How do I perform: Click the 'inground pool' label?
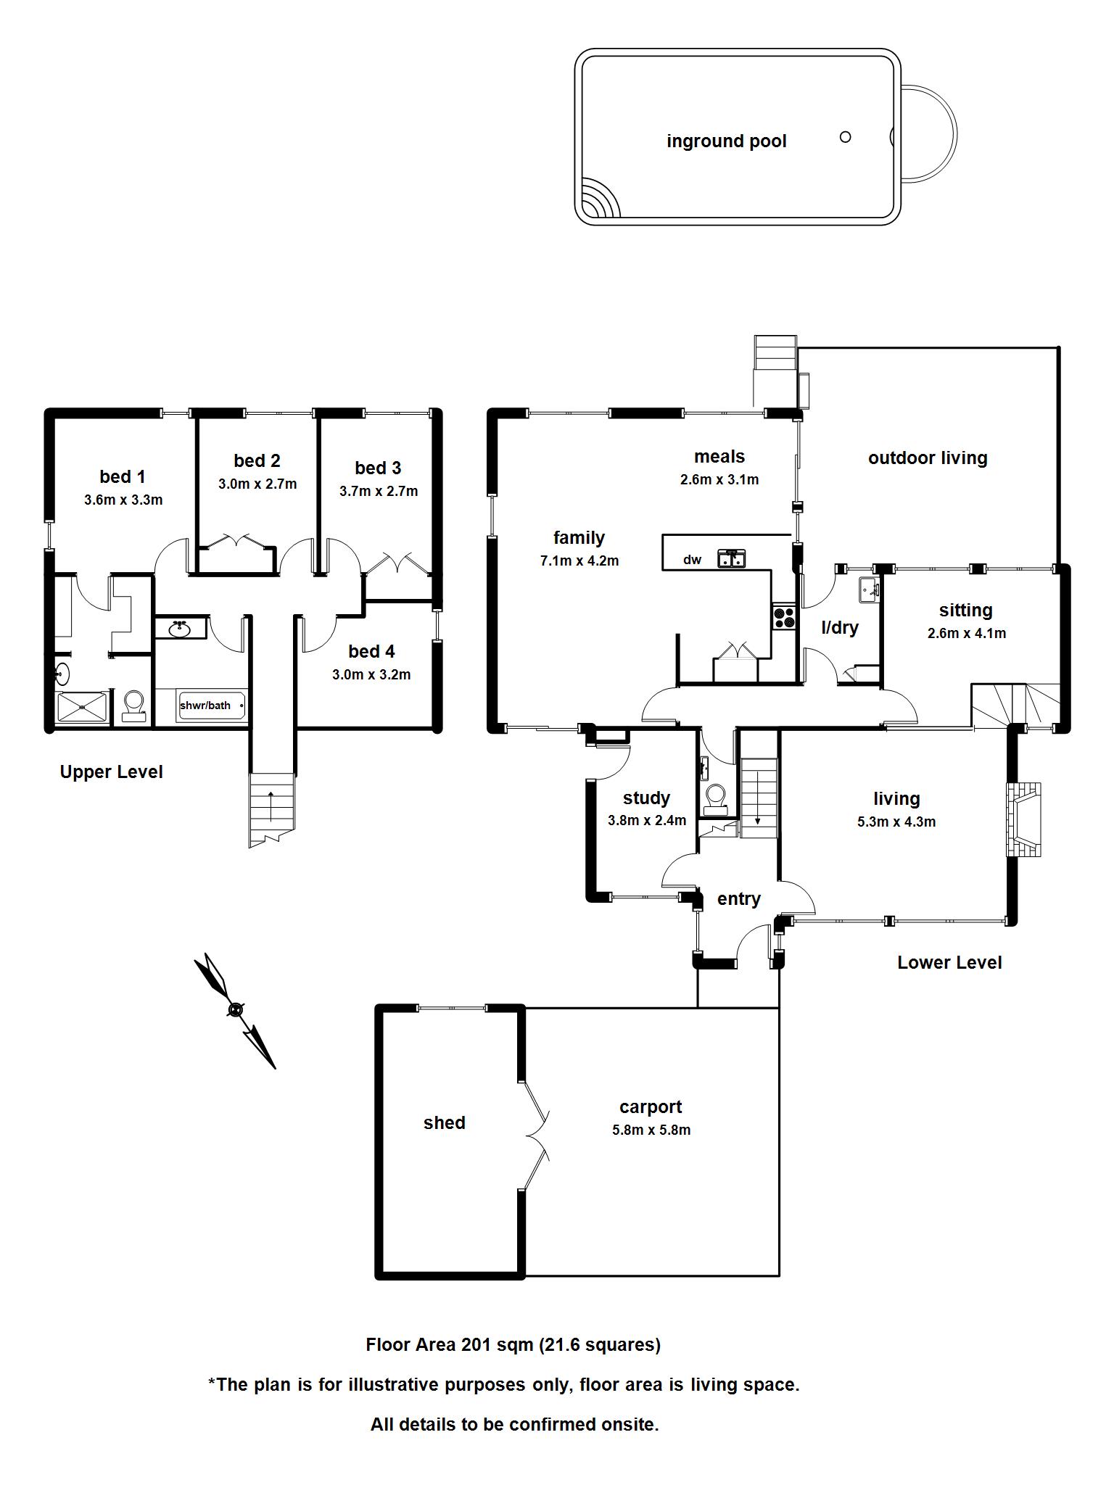coord(726,141)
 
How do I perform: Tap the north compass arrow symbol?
coord(235,1009)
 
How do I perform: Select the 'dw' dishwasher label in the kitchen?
coord(692,559)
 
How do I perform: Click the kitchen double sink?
coord(732,558)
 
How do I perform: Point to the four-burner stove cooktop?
coord(783,617)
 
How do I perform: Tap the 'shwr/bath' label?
coord(205,705)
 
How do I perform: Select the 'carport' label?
coord(651,1106)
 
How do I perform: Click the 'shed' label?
coord(444,1122)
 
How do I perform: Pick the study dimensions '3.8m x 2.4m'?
coord(646,821)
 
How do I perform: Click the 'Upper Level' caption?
coord(111,772)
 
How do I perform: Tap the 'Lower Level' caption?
coord(949,962)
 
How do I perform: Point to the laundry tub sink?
coord(869,589)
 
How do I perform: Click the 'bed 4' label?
coord(371,651)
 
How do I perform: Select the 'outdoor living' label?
coord(928,458)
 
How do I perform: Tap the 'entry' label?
coord(738,899)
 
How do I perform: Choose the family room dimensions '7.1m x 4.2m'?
coord(579,561)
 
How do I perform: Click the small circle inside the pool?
coord(845,136)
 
